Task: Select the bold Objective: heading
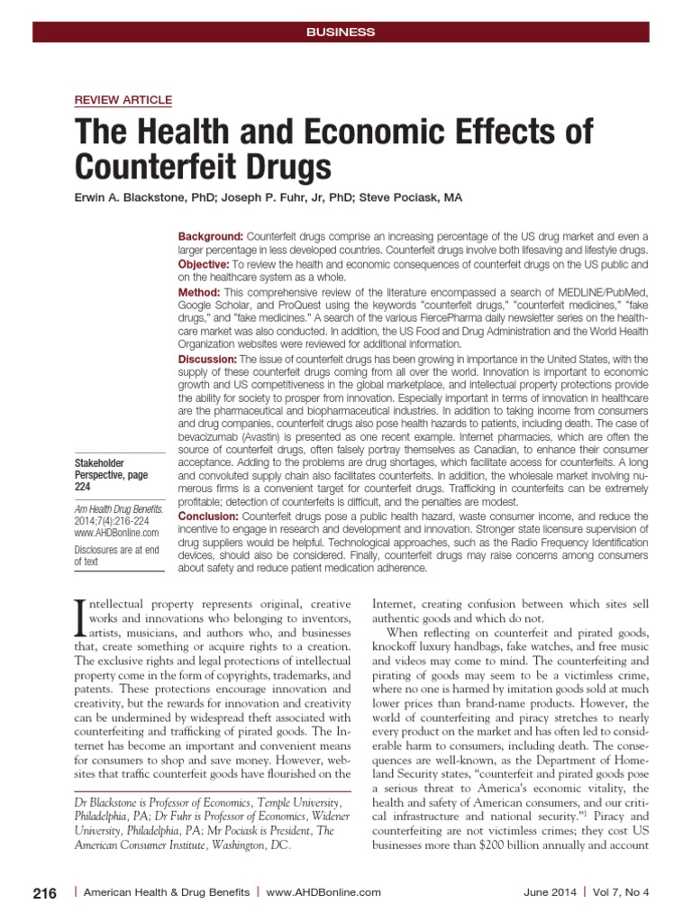tap(204, 267)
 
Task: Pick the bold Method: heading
tap(198, 293)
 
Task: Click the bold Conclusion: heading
tap(208, 515)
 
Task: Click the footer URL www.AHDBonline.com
tap(324, 892)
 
